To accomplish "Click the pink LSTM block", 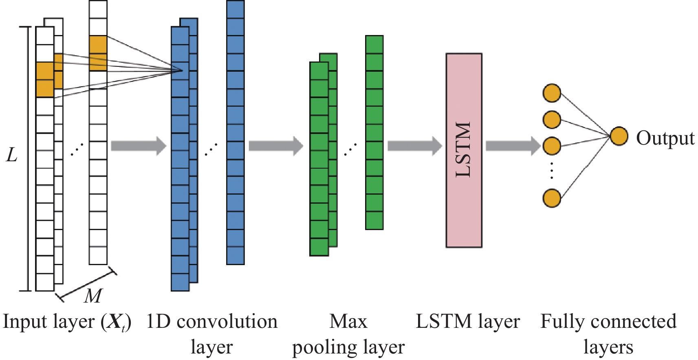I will click(x=464, y=150).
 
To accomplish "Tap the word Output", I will click(x=665, y=138).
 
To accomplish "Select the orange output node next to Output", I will click(x=619, y=136).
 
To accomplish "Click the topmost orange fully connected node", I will click(x=552, y=93).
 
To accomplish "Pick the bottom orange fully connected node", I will click(x=552, y=198).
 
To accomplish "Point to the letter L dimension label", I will click(x=12, y=155).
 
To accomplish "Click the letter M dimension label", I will click(x=93, y=296).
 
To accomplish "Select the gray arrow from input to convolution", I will click(x=139, y=146).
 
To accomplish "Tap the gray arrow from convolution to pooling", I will click(x=276, y=146).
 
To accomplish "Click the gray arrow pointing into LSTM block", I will click(x=414, y=146).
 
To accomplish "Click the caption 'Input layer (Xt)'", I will click(x=67, y=322).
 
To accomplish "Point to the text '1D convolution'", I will click(x=211, y=322).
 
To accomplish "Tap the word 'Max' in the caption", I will click(x=348, y=322).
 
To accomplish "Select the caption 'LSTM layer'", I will click(x=468, y=322).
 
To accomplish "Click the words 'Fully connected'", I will click(x=608, y=322).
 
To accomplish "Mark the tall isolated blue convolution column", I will click(x=236, y=132).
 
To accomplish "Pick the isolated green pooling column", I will click(x=374, y=132).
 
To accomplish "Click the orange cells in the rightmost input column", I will click(x=98, y=53).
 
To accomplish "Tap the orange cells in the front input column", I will click(x=45, y=80).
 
